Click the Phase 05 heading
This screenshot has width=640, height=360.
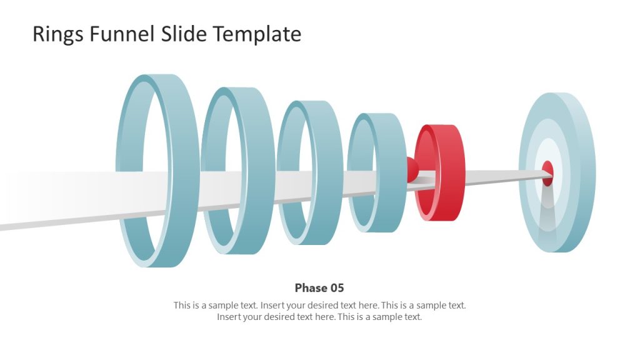click(319, 288)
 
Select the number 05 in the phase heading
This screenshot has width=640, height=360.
click(337, 288)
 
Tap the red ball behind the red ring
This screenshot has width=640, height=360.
click(412, 169)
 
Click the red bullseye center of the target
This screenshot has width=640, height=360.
click(547, 172)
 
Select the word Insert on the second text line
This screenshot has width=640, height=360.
click(230, 317)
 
